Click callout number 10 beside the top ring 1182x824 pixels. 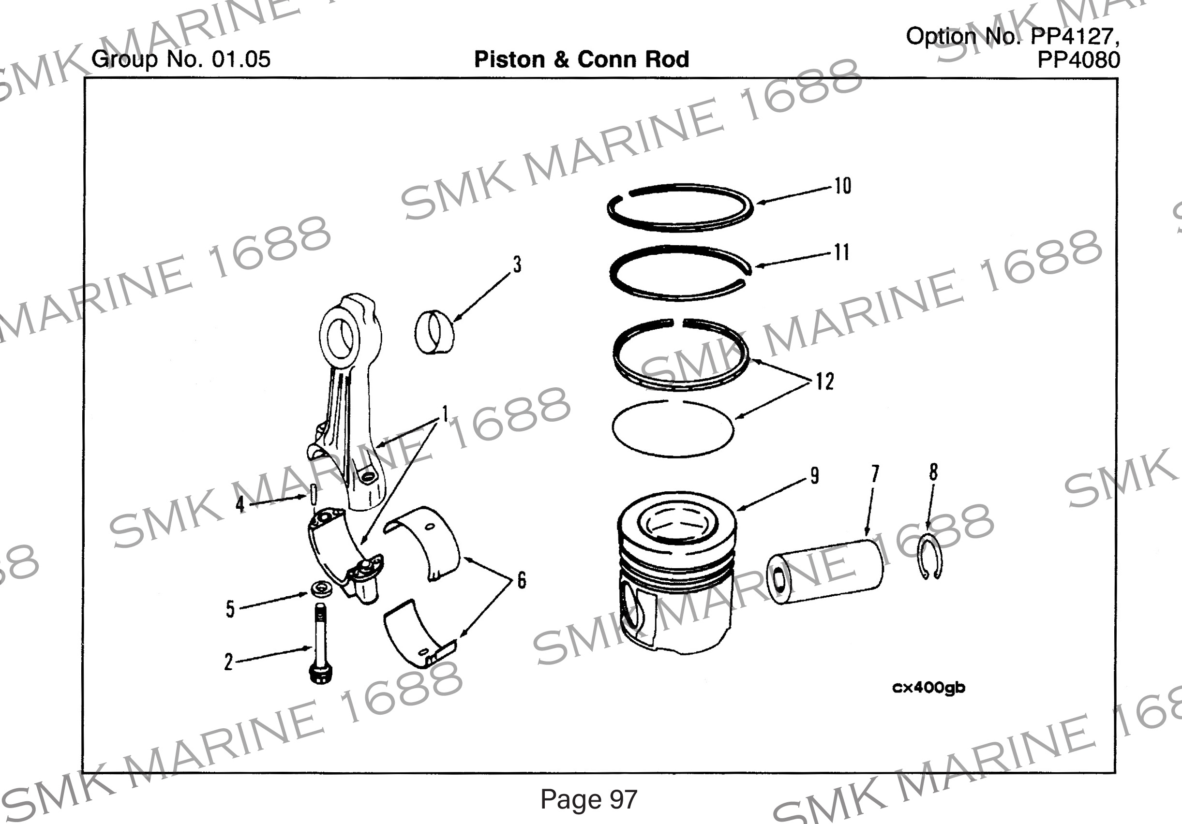842,186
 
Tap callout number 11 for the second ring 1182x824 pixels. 841,253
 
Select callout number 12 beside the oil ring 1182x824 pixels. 824,382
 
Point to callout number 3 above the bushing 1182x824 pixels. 517,265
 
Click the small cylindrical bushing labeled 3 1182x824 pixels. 434,333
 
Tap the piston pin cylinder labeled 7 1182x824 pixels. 825,572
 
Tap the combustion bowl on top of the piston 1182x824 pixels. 676,524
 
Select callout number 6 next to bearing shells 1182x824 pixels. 521,581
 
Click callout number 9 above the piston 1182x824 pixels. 814,475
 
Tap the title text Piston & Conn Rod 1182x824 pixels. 581,59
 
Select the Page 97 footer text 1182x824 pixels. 588,799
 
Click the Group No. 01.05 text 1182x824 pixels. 180,59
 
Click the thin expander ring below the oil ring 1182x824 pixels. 673,429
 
